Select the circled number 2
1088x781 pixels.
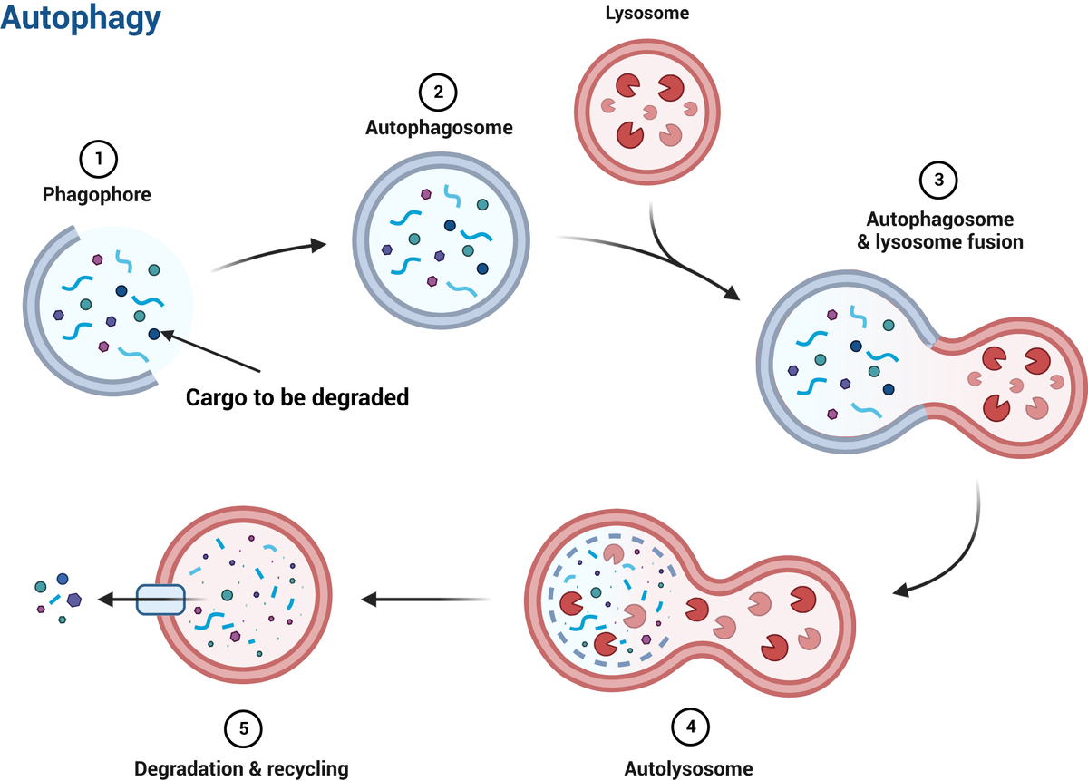tap(438, 93)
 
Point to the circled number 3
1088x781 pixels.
tap(938, 181)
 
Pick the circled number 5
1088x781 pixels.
tap(242, 727)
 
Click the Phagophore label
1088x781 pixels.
tap(97, 194)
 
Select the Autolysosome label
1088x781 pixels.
tap(689, 769)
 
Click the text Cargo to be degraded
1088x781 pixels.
tap(297, 397)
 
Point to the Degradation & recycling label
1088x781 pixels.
tap(241, 769)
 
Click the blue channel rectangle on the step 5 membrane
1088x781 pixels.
tap(160, 599)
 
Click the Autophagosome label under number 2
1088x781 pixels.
tap(439, 128)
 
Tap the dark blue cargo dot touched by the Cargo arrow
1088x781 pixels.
tap(154, 335)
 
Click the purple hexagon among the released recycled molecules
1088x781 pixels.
tap(73, 600)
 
